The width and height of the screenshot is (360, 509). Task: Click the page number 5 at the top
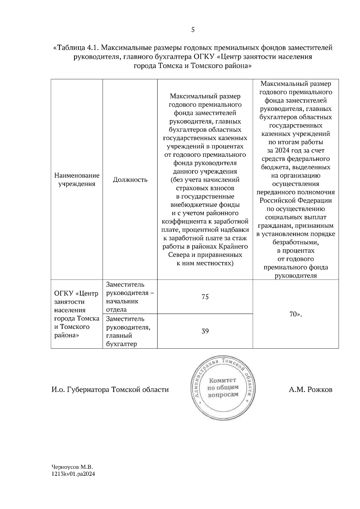(x=193, y=29)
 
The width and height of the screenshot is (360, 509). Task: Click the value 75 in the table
(x=205, y=297)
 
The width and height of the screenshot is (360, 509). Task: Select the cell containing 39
(x=205, y=331)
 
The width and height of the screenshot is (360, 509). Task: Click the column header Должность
(x=130, y=180)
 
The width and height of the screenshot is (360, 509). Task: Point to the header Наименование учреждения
(x=77, y=180)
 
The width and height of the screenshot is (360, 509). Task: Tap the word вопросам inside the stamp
(x=223, y=394)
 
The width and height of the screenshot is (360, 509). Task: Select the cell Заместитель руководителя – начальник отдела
(x=130, y=297)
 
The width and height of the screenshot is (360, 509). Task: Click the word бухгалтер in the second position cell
(x=121, y=344)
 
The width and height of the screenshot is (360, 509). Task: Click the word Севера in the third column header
(x=178, y=255)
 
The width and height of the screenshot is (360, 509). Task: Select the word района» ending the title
(x=235, y=66)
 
